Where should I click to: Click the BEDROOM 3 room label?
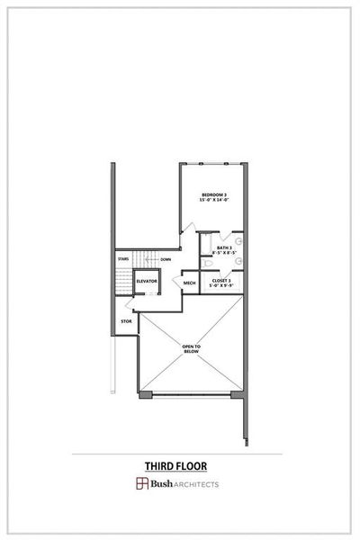pyautogui.click(x=213, y=195)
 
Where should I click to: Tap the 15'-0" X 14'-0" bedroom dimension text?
pyautogui.click(x=213, y=202)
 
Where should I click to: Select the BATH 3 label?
pyautogui.click(x=225, y=247)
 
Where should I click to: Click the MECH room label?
pyautogui.click(x=190, y=283)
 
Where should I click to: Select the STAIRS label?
pyautogui.click(x=123, y=259)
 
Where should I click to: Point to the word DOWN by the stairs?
pyautogui.click(x=166, y=259)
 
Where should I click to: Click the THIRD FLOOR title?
pyautogui.click(x=176, y=466)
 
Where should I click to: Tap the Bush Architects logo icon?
pyautogui.click(x=141, y=484)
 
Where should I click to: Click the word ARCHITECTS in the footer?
pyautogui.click(x=196, y=484)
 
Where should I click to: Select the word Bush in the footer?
pyautogui.click(x=160, y=484)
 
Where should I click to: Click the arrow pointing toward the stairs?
pyautogui.click(x=147, y=259)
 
